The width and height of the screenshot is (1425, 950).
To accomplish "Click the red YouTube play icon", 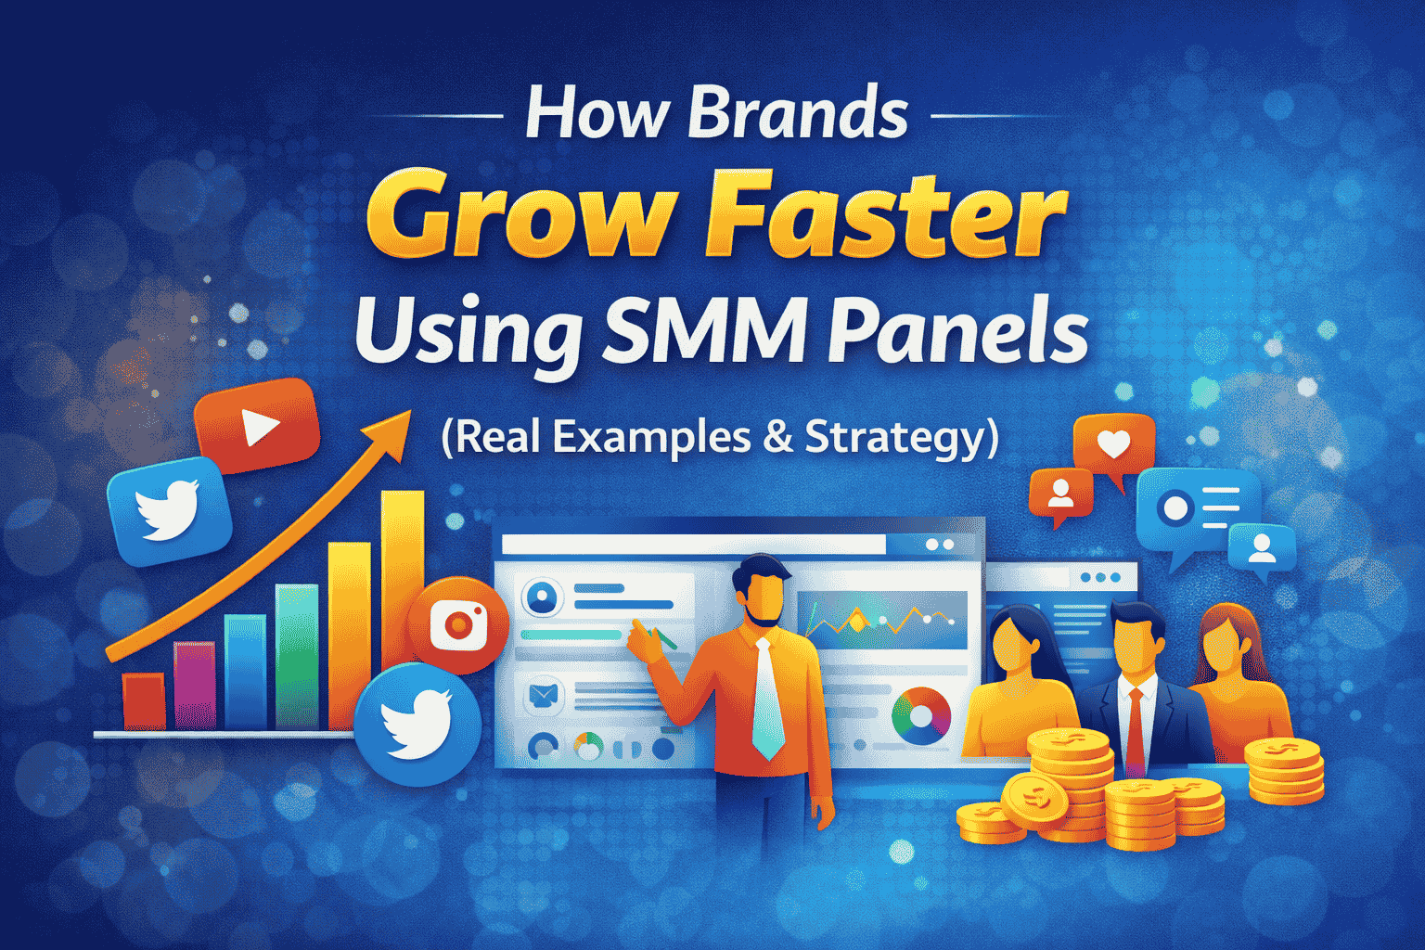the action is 256,425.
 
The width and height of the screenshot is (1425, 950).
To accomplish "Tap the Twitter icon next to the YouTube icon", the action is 169,511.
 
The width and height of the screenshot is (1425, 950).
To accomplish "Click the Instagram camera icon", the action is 458,625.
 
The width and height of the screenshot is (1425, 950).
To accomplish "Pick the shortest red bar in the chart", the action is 144,701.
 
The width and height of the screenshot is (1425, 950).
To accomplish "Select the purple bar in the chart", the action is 195,686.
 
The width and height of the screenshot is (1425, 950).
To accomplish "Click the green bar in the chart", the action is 297,657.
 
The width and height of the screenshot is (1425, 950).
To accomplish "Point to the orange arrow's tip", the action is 411,411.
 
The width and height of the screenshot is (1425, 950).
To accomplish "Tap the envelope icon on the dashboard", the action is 544,695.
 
